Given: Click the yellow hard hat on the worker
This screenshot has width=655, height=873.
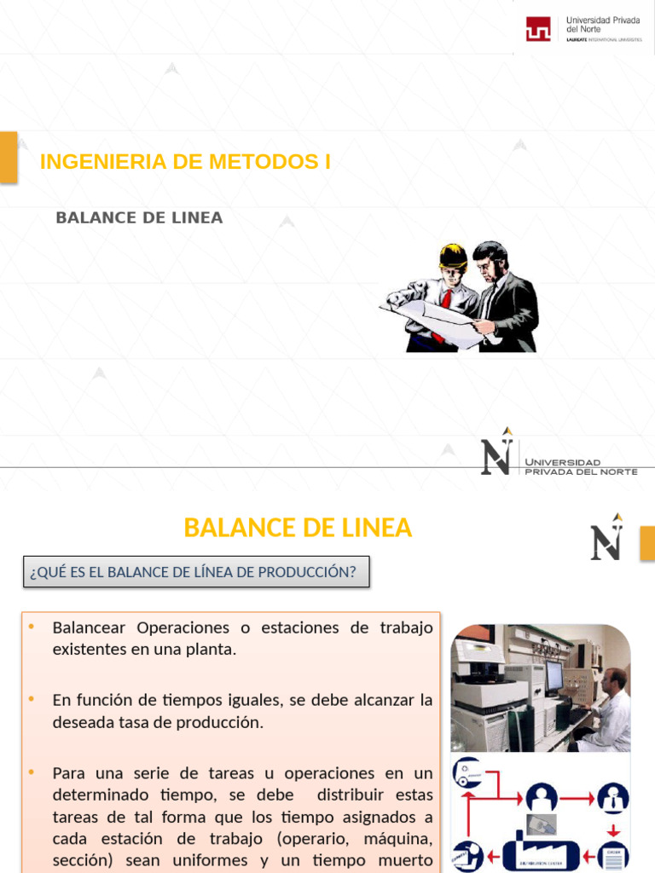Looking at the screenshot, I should pos(453,255).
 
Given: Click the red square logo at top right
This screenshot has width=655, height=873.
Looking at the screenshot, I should pos(538,29).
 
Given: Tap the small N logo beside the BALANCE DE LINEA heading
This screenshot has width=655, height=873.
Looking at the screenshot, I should pos(606,538).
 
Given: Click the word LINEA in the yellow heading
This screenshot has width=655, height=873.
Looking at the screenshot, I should pos(375,528).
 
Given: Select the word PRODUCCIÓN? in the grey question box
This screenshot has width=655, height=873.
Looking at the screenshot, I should pos(315,572).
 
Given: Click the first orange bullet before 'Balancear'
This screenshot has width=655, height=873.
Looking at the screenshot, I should pos(31,627).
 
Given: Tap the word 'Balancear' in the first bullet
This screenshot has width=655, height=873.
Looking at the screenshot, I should pos(89,627).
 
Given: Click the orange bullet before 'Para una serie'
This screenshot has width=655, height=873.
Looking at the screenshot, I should pos(31,772).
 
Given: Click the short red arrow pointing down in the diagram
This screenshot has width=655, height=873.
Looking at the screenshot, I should pos(612,829).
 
